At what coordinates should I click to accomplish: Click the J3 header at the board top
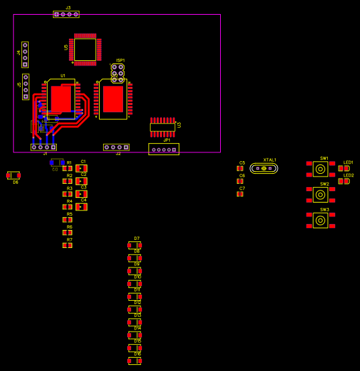point(66,14)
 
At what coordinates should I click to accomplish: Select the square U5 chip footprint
point(85,49)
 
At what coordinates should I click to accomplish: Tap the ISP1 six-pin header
point(117,73)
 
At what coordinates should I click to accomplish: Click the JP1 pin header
point(163,149)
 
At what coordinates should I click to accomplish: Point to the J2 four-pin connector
point(116,147)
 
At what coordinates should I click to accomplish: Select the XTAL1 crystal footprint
point(264,168)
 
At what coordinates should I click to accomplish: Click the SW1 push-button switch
point(321,169)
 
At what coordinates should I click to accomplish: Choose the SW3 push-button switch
point(321,221)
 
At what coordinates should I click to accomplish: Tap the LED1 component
point(343,168)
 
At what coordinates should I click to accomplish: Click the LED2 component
point(343,181)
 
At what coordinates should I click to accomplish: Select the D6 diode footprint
point(13,175)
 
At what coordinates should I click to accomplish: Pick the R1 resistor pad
point(67,168)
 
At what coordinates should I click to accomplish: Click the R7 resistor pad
point(67,245)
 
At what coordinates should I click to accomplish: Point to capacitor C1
point(82,168)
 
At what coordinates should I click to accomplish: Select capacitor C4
point(82,207)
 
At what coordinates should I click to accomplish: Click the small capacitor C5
point(240,168)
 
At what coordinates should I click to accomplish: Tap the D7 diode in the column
point(134,245)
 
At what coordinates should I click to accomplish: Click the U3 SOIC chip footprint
point(163,126)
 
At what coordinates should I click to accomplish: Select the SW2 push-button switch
point(321,195)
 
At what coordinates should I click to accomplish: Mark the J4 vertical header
point(25,55)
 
